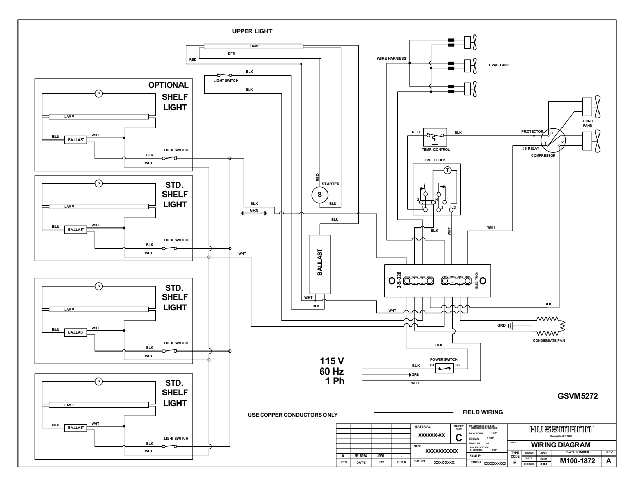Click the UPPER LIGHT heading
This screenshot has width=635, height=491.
(252, 31)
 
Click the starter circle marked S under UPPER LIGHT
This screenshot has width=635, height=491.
(319, 195)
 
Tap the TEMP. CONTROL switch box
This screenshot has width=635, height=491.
(434, 137)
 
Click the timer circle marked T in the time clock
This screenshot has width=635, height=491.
(447, 170)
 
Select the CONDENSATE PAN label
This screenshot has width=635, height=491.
(549, 340)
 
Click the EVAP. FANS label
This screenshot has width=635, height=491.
(499, 65)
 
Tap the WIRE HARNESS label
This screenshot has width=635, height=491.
(391, 58)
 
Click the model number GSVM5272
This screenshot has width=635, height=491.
(578, 396)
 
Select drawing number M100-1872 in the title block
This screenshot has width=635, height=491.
(577, 461)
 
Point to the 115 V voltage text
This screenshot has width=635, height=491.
(331, 361)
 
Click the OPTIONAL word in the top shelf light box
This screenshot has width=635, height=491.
(168, 85)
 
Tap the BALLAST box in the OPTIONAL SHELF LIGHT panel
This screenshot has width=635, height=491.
(76, 140)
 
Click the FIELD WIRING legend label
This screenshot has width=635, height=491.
(482, 412)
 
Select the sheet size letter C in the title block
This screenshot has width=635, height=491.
(459, 438)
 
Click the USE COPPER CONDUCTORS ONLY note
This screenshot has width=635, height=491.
(293, 415)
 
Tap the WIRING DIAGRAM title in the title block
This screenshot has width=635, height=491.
(560, 445)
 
